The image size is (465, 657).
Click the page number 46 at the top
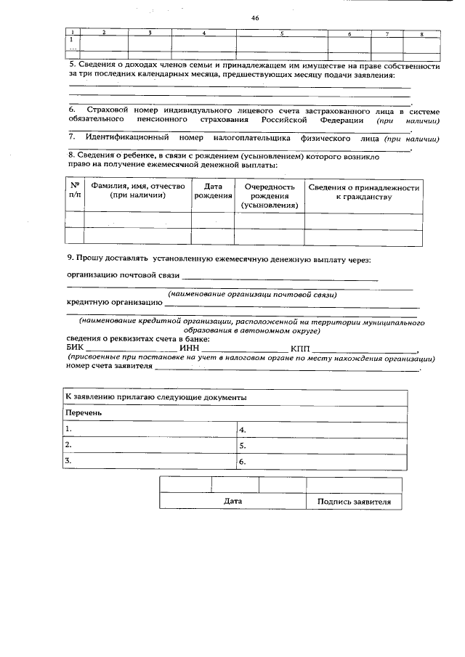pos(255,17)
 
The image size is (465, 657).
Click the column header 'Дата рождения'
pos(208,192)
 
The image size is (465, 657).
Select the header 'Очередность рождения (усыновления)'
pos(270,196)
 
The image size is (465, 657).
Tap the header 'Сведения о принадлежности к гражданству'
pos(363,192)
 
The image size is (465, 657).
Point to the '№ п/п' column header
pos(75,190)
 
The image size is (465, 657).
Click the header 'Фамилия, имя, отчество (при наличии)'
pos(138,191)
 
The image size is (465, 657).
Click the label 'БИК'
pos(75,348)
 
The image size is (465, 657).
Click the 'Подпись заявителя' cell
pos(354,502)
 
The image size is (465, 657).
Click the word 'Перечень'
pos(84,413)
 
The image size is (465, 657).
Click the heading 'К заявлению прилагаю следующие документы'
pos(155,398)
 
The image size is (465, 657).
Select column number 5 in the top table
pos(282,33)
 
